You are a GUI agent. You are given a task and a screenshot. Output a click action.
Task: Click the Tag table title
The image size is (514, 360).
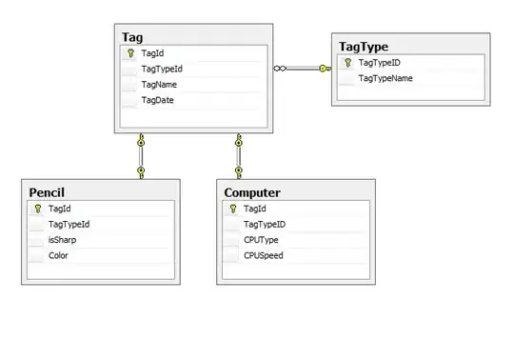(x=132, y=37)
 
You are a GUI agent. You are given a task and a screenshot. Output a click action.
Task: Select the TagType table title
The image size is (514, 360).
(x=364, y=47)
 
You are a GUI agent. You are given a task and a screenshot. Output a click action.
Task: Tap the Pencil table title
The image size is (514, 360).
(x=47, y=192)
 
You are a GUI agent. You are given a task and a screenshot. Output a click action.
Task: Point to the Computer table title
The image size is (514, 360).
(x=252, y=192)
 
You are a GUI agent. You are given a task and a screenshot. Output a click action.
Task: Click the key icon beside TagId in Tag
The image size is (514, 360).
(x=130, y=53)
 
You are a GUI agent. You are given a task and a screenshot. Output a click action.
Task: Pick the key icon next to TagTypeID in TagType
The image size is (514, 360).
(x=347, y=62)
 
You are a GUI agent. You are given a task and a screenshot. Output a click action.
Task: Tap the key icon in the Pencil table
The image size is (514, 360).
(x=38, y=209)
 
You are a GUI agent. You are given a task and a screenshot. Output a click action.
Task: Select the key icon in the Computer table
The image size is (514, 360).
(x=233, y=209)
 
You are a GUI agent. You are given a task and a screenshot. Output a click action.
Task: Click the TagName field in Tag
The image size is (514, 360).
(x=159, y=85)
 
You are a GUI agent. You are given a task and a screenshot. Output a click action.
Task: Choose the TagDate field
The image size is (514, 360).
(x=157, y=100)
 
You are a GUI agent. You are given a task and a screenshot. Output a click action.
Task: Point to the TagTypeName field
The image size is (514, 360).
(x=385, y=78)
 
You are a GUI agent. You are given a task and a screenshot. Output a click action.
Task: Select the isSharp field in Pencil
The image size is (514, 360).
(x=62, y=240)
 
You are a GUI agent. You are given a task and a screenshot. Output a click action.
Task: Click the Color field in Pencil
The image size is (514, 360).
(x=58, y=255)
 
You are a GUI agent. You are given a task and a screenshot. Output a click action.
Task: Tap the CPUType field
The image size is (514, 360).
(x=261, y=240)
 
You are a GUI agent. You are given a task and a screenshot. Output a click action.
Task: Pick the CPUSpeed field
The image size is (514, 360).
(x=264, y=255)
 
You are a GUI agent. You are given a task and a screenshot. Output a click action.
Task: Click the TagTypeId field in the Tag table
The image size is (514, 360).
(x=162, y=70)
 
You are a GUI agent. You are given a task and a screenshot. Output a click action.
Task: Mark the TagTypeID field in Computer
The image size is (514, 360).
(x=265, y=224)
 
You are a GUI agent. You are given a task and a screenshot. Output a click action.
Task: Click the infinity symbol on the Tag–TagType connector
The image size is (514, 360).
(x=280, y=69)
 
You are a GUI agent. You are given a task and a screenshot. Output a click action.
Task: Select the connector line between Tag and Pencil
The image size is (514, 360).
(x=141, y=156)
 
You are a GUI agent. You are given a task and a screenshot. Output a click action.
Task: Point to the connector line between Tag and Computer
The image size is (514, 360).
(x=239, y=156)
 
